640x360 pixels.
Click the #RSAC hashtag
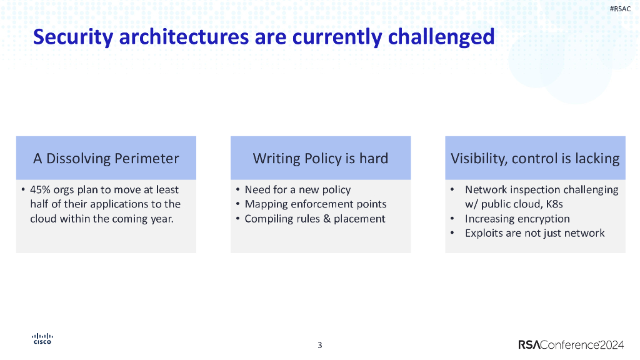[x=620, y=9]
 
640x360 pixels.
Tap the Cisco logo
[x=42, y=339]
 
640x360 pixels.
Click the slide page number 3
[x=320, y=345]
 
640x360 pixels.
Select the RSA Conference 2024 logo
[x=571, y=345]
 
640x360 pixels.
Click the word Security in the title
[x=73, y=37]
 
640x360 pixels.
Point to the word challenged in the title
[x=441, y=37]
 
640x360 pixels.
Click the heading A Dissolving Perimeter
[x=106, y=158]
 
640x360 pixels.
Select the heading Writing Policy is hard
[x=321, y=158]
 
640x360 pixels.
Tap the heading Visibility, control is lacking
[x=535, y=158]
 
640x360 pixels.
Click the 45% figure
[x=41, y=190]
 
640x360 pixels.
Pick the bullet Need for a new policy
[x=297, y=190]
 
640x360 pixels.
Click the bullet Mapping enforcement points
[x=316, y=204]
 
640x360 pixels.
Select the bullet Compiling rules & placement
[x=315, y=219]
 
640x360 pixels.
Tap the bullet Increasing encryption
[x=517, y=219]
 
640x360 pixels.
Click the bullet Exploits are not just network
[x=535, y=233]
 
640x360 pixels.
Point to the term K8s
[x=555, y=204]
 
